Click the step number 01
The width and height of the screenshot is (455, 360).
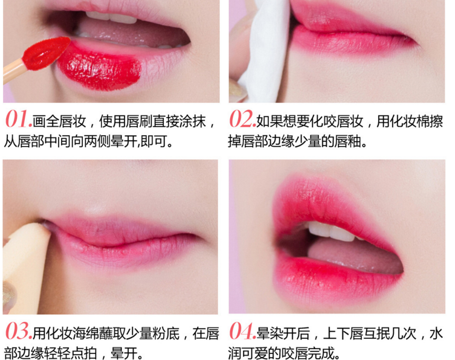click(19, 119)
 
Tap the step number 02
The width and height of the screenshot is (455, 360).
click(242, 119)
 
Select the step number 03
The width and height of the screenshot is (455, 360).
click(19, 331)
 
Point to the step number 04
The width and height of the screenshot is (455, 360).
click(242, 331)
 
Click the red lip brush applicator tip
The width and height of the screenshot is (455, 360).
click(46, 54)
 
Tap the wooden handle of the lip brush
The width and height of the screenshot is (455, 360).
click(14, 71)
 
